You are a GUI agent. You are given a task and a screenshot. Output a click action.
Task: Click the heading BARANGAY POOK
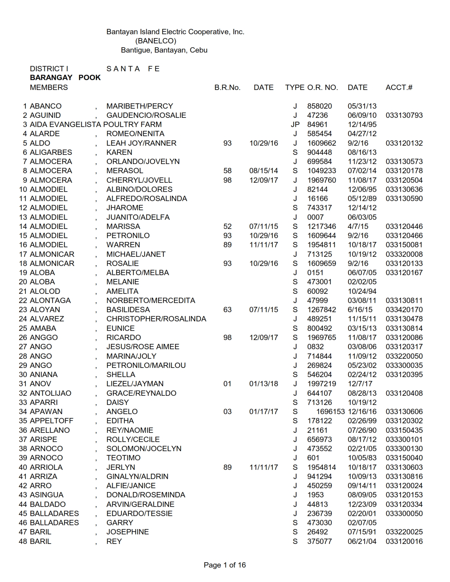coord(65,78)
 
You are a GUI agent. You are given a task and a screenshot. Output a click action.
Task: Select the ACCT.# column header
coord(399,87)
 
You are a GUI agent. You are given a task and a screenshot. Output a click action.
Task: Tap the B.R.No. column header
coord(227,87)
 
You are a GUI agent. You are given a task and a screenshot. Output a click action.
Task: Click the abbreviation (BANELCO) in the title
coord(156,41)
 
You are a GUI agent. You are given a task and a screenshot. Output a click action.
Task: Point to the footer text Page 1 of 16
coord(224,565)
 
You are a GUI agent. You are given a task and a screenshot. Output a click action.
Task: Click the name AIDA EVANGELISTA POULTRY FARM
coord(96,125)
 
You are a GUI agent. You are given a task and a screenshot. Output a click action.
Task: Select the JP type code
coord(295,125)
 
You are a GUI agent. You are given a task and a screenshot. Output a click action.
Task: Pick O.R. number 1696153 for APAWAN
coord(330,412)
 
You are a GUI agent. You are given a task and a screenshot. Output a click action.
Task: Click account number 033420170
coord(404,310)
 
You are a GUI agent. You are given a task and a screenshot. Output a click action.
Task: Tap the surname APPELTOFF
coord(52,421)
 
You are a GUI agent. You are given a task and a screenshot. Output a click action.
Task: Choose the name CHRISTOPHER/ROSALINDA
coord(156,319)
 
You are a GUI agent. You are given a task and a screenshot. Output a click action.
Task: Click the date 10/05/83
coord(362,458)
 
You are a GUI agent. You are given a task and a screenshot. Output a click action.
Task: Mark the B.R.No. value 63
coord(227,310)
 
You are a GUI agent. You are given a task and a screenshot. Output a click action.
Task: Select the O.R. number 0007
coord(315,217)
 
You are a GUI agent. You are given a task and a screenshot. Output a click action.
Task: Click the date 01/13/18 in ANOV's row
coord(264,384)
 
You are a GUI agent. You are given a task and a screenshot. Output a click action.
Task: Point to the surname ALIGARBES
coord(51,152)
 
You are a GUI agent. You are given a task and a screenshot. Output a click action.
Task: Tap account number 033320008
coord(404,254)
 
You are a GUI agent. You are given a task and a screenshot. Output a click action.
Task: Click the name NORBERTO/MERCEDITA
coord(151,301)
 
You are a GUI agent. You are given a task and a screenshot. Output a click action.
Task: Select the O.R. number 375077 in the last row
coord(319,541)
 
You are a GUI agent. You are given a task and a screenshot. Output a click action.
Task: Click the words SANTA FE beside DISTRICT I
coord(133,69)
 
